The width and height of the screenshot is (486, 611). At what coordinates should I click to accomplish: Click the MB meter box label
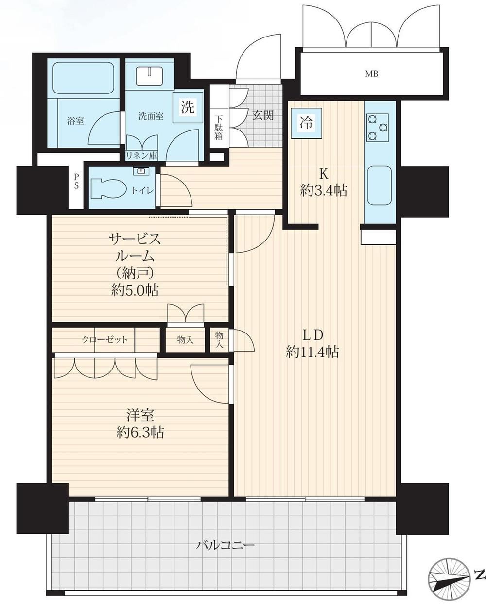371,74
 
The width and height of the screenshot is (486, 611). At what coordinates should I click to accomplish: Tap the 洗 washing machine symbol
188,108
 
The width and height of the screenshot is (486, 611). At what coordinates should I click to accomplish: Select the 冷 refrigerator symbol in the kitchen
307,123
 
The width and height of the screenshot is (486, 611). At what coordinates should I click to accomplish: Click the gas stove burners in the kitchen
378,128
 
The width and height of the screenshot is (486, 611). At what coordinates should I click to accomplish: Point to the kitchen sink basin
380,185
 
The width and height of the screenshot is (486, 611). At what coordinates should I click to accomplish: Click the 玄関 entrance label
263,115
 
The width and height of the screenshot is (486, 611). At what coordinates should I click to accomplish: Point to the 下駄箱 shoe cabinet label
218,127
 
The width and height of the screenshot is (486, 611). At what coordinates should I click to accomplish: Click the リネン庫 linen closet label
141,156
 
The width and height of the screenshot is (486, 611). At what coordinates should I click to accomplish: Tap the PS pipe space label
76,181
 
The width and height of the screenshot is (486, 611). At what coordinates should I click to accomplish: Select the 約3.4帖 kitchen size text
324,191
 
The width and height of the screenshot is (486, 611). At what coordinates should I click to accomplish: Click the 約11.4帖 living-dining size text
312,352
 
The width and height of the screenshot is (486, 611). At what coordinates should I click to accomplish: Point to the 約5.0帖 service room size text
135,291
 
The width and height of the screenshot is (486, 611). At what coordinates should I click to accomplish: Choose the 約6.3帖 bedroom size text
140,433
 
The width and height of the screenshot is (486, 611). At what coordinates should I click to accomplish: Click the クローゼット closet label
105,339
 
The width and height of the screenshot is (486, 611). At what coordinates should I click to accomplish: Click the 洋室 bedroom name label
140,415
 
